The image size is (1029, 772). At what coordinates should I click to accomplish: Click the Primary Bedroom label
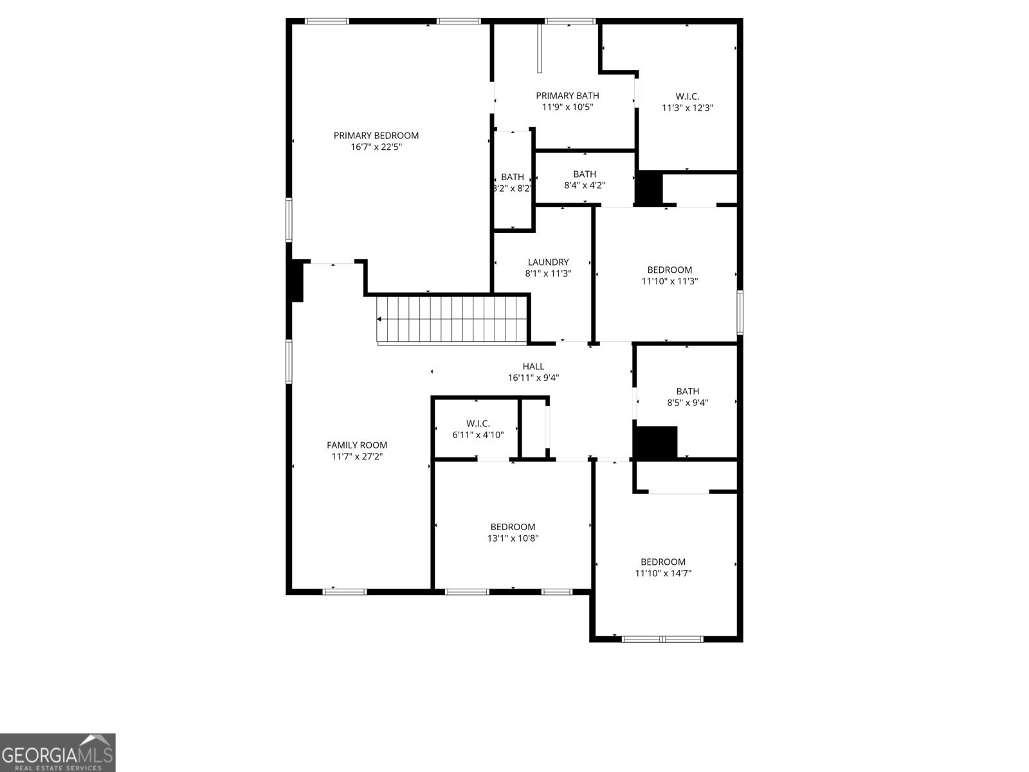[376, 135]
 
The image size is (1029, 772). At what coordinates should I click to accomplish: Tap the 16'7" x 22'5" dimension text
[376, 147]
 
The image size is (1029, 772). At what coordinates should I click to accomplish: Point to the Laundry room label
[548, 262]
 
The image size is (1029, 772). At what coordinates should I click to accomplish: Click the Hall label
[533, 367]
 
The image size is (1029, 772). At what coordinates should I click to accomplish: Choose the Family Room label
[357, 445]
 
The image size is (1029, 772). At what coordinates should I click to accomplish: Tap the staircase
[451, 319]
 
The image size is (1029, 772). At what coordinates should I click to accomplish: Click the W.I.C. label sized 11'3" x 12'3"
[688, 96]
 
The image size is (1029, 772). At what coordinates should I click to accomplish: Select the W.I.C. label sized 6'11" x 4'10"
[478, 423]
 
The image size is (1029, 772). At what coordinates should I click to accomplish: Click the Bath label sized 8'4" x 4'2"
[585, 174]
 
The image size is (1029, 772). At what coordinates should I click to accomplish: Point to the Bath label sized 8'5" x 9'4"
[688, 391]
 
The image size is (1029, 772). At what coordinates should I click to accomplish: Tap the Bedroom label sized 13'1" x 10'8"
[513, 527]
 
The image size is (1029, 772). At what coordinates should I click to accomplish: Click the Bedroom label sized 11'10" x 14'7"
[663, 562]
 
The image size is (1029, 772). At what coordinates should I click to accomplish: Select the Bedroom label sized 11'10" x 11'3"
[669, 270]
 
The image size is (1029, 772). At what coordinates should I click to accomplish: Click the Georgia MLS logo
[58, 753]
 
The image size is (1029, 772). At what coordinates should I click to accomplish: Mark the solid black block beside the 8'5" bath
[655, 443]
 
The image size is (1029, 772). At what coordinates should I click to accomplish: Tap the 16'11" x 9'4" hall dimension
[533, 378]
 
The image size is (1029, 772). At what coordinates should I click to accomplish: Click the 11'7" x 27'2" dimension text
[357, 457]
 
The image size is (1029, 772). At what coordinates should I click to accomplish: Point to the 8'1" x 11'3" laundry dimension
[548, 273]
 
